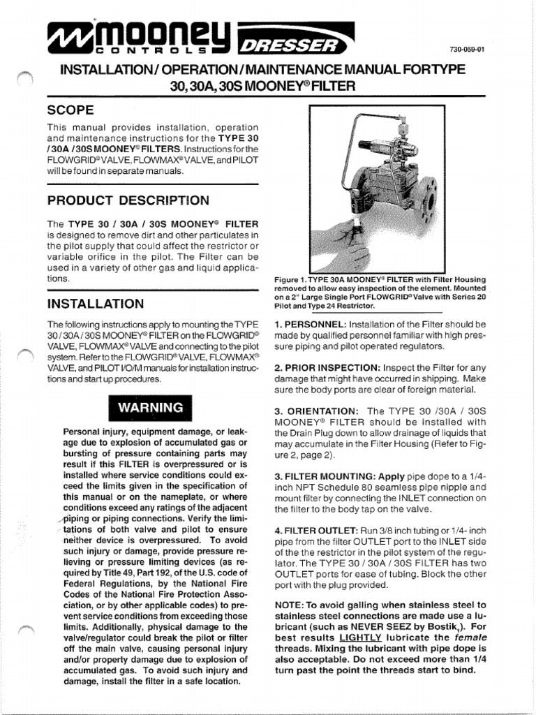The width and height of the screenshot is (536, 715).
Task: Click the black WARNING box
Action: (150, 406)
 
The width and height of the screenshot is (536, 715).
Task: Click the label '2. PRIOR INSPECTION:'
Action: (324, 367)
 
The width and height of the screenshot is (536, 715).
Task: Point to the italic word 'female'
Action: (468, 637)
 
